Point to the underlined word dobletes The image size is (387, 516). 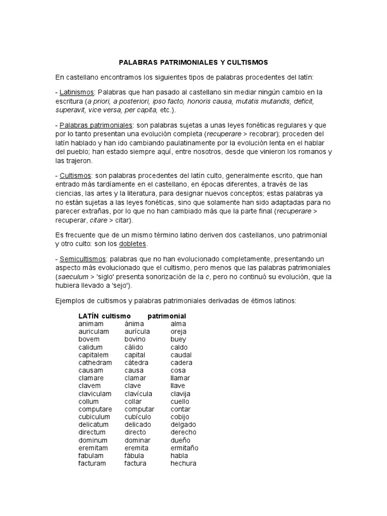tap(132, 244)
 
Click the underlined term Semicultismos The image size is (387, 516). tap(80, 259)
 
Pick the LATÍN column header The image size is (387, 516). tap(89, 316)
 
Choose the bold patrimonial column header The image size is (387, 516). tap(167, 316)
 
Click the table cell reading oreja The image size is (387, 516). tap(178, 332)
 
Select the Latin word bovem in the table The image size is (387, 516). tap(89, 340)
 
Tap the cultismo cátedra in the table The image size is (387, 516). tap(137, 363)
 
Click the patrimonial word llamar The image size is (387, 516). tap(180, 378)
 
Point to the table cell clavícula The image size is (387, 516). tap(138, 394)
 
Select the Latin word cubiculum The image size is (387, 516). tap(94, 417)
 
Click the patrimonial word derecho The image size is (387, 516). tap(183, 432)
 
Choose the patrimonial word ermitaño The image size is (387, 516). tap(184, 447)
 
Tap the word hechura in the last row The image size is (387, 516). tap(183, 463)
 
